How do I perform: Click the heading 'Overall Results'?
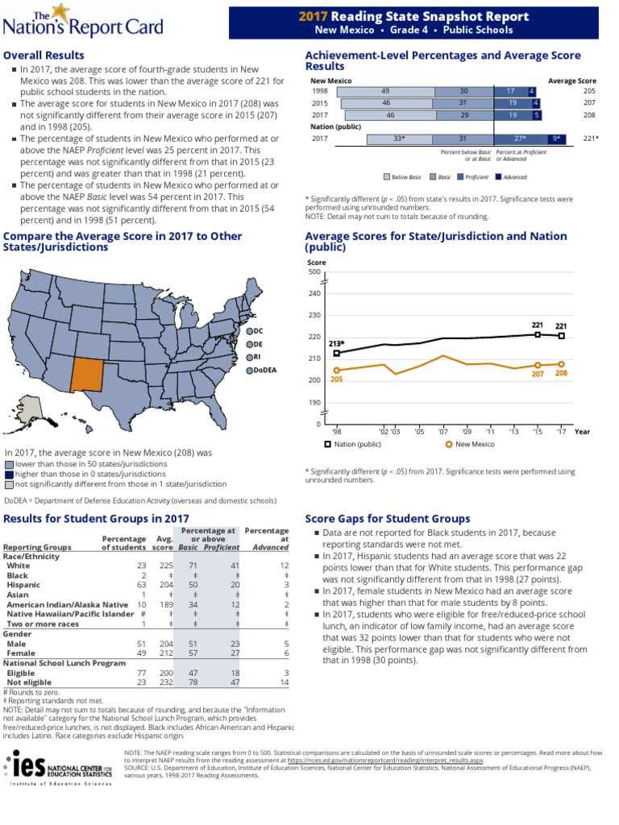(x=44, y=56)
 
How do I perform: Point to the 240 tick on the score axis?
(x=314, y=293)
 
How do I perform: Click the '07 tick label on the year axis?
(x=442, y=432)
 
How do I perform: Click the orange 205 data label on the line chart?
(x=336, y=379)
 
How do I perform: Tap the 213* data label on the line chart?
(x=337, y=343)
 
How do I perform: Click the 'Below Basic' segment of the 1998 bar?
(x=385, y=92)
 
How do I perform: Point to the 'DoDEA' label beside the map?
(x=264, y=370)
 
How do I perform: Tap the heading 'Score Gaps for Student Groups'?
(x=388, y=519)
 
